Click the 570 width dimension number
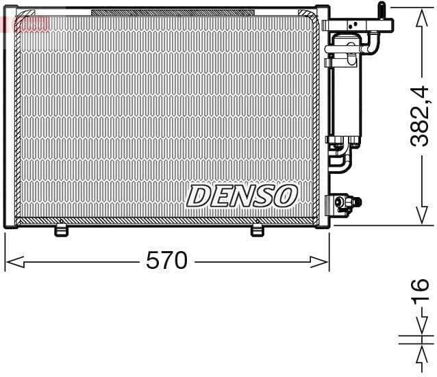click(x=166, y=261)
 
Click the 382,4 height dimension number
click(x=419, y=114)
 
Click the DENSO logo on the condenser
click(x=241, y=196)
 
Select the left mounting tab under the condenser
click(x=62, y=230)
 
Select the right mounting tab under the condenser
click(x=258, y=230)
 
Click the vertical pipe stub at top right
click(x=382, y=12)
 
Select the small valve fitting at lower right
click(x=342, y=203)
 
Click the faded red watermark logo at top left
click(x=26, y=25)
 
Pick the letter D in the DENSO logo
click(x=199, y=196)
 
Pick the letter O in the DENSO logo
click(x=285, y=196)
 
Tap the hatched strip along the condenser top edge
click(x=171, y=12)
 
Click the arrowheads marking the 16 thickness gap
click(x=419, y=339)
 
